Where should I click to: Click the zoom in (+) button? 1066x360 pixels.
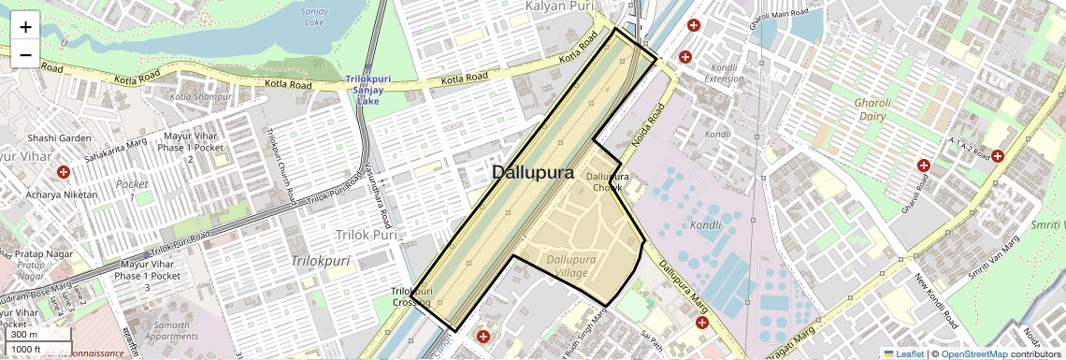pos(25,26)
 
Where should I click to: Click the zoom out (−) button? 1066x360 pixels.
pos(25,54)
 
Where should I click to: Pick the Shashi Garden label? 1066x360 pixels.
pos(60,138)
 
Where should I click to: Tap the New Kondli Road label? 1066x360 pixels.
pos(938,301)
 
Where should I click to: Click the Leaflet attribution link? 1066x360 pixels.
pos(903,354)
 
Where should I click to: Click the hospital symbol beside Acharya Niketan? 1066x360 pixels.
pos(64,173)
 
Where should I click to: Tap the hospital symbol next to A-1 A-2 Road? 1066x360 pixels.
pos(998,156)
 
